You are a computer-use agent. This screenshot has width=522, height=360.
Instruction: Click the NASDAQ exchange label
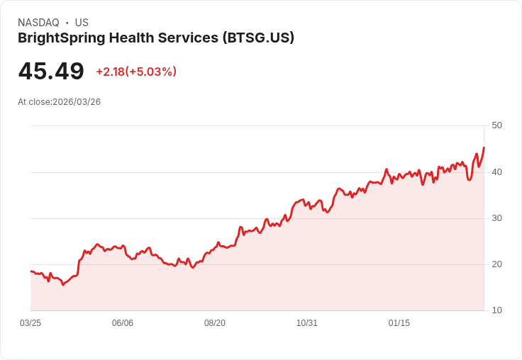point(38,23)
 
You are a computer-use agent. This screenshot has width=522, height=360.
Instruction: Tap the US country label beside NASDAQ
point(82,23)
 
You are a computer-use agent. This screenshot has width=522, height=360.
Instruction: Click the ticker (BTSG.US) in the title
point(258,38)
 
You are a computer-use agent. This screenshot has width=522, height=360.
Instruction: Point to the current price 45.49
point(51,72)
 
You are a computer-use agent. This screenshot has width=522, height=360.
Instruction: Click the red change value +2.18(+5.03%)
point(136,72)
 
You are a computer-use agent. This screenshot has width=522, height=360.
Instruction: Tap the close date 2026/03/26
point(77,102)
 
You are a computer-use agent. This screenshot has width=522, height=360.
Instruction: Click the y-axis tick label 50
point(496,125)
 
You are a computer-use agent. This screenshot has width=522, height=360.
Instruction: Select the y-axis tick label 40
point(496,171)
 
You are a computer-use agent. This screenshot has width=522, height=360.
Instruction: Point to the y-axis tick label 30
point(496,218)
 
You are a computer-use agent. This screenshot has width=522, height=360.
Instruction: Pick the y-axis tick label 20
point(496,264)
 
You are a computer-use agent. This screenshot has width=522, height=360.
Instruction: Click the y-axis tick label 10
point(496,310)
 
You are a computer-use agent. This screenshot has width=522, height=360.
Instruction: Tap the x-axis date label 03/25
point(30,323)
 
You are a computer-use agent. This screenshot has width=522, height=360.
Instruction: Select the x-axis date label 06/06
point(123,323)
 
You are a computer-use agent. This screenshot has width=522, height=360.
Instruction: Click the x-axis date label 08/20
point(215,323)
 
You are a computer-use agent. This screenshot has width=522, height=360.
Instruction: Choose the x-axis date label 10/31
point(307,323)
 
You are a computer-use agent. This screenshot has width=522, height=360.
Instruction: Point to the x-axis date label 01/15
point(399,323)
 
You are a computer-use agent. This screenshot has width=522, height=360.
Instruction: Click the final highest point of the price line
point(484,147)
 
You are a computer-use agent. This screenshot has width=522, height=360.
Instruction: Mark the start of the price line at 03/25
point(31,271)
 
